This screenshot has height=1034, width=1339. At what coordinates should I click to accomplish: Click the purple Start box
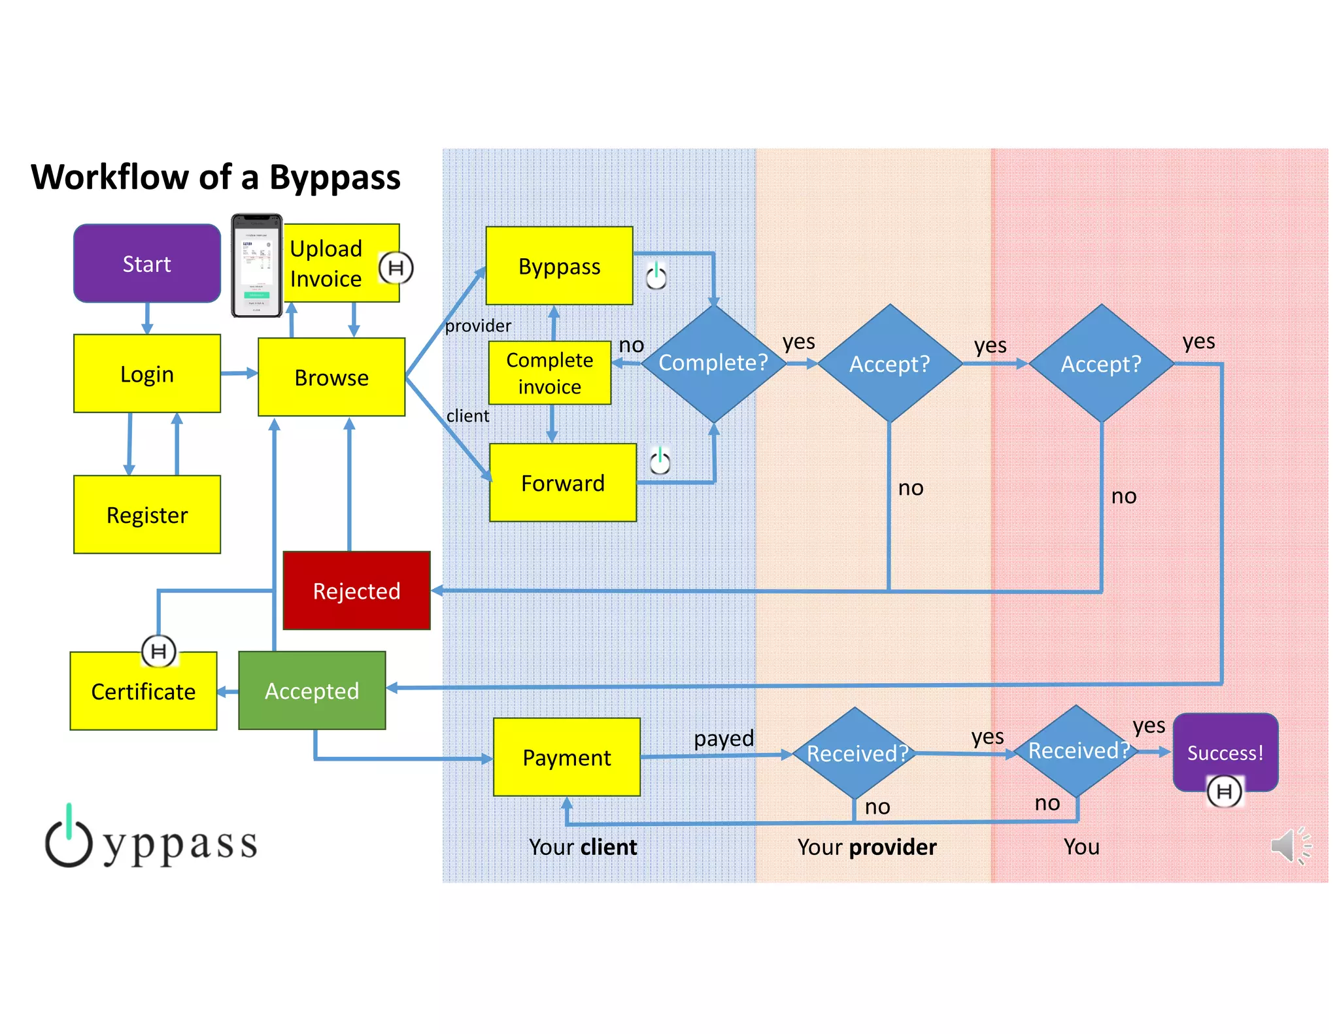[147, 263]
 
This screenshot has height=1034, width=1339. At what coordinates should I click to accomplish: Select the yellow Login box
[147, 374]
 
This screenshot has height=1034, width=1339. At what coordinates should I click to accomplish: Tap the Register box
[147, 515]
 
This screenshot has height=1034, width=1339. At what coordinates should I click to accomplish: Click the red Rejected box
[356, 591]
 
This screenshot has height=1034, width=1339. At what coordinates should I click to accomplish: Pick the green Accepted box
[312, 691]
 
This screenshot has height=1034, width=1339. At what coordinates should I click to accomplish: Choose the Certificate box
[143, 692]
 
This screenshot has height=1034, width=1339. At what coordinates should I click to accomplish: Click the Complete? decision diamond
[713, 363]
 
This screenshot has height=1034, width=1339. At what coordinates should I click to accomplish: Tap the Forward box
[563, 483]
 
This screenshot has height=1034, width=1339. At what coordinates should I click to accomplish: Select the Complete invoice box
[550, 373]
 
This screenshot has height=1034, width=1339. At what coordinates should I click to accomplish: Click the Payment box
[567, 758]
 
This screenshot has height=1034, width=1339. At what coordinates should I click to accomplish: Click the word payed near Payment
[724, 739]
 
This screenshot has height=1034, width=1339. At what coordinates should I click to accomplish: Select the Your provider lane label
[867, 847]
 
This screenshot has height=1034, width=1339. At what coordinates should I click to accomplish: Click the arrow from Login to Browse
[239, 373]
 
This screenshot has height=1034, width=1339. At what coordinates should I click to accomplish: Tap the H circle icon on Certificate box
[159, 651]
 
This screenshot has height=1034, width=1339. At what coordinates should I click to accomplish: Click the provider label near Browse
[478, 325]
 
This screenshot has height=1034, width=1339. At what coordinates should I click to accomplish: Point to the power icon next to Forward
[660, 461]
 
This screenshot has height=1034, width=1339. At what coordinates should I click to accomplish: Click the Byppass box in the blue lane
[560, 266]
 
